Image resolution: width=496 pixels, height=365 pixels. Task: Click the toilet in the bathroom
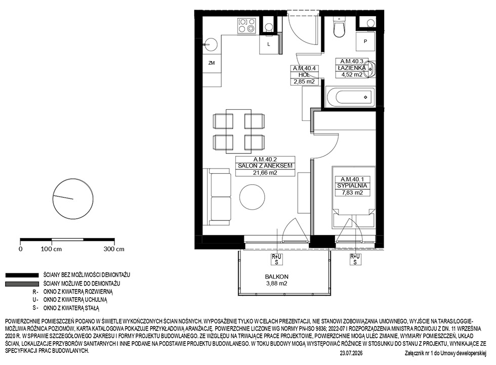340,26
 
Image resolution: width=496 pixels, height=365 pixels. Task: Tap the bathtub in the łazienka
350,97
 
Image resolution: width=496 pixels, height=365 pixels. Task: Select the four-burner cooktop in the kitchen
247,25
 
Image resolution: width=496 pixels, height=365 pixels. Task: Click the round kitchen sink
211,45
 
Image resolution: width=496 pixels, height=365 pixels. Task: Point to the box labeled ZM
212,63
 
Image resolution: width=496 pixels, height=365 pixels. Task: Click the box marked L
269,44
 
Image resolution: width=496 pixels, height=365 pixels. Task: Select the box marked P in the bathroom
365,41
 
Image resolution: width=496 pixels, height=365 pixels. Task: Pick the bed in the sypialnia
353,197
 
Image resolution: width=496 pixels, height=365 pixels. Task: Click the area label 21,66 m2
265,173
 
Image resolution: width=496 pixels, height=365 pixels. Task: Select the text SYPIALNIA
352,186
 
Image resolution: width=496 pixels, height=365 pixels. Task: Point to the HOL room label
304,75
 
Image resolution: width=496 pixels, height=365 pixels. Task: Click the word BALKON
277,276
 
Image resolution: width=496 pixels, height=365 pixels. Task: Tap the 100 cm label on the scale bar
51,249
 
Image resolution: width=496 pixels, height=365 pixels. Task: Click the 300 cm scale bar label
114,249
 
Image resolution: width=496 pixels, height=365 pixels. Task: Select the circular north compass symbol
73,198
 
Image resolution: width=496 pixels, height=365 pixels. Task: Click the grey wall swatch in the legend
21,283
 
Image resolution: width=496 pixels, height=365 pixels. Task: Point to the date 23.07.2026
351,353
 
